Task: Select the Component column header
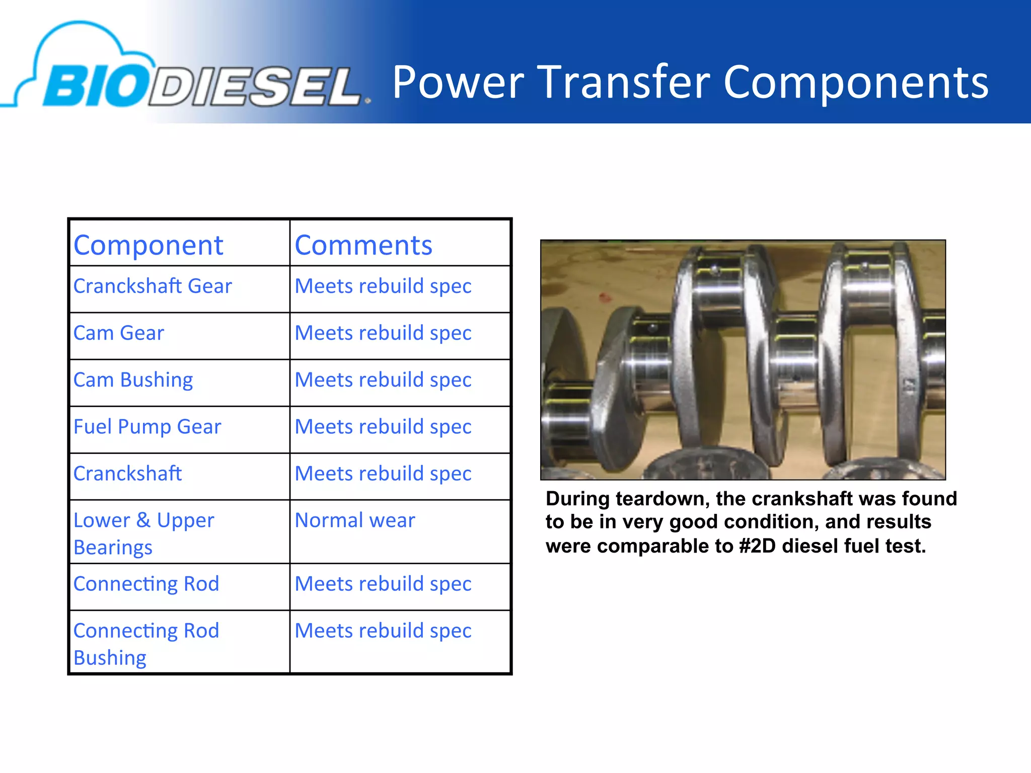point(148,246)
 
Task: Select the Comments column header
point(363,246)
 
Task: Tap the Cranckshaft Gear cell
point(153,286)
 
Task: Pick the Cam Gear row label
point(118,333)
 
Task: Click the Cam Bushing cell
point(133,380)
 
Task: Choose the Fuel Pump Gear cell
point(147,427)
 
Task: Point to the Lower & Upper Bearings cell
point(143,533)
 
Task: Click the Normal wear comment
point(355,520)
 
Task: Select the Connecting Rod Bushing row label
point(146,644)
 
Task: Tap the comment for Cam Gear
point(383,333)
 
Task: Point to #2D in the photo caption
point(758,546)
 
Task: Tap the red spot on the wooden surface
point(605,298)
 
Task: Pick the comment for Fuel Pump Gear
point(383,427)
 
